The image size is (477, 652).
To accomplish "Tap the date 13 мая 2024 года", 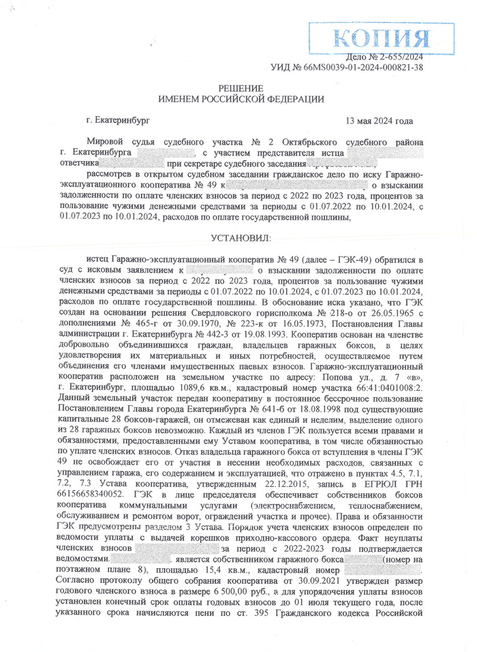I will point(379,121).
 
